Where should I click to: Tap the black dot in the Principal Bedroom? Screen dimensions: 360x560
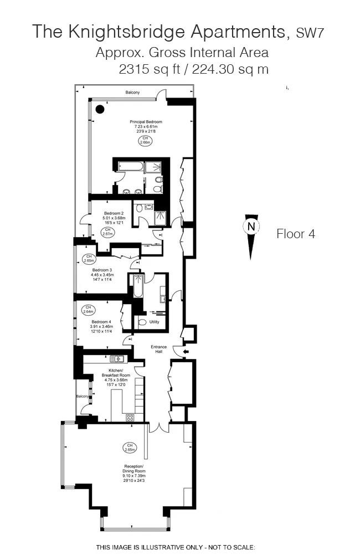coord(100,109)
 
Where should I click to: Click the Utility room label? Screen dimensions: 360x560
coord(155,322)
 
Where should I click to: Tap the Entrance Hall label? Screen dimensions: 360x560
coord(158,349)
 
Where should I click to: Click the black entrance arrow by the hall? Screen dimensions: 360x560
coord(186,352)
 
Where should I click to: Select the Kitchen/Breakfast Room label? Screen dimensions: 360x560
coord(116,373)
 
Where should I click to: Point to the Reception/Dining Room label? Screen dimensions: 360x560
coord(134,469)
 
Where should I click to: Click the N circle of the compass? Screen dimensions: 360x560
coord(251,227)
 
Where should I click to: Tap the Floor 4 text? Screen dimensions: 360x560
coord(296,234)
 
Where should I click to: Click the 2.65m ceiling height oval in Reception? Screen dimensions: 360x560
coord(130,448)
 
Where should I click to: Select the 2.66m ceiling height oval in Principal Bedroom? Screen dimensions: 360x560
coord(145,140)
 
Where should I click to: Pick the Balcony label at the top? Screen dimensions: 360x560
coord(132,93)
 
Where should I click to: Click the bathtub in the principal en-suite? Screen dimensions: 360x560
coord(131,166)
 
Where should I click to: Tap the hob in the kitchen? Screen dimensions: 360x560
coord(130,418)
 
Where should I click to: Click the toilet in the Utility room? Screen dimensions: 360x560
coord(142,322)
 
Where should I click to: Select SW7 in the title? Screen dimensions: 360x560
coord(310,33)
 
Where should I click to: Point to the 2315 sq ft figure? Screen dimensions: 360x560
coord(150,69)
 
